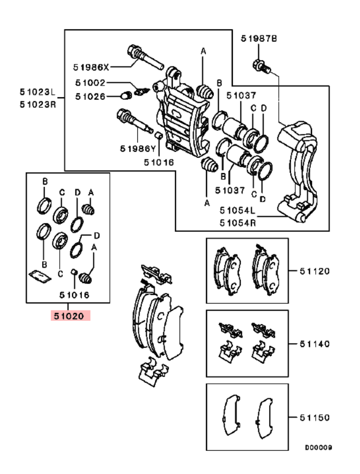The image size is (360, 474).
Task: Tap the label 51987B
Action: tap(259, 39)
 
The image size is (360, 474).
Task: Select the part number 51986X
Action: tap(91, 67)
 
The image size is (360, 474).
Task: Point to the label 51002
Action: tap(90, 83)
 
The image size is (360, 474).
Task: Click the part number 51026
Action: tap(90, 97)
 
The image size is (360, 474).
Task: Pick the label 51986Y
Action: tap(138, 149)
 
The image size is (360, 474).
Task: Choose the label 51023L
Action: tap(38, 92)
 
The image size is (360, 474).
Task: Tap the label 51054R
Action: tap(238, 223)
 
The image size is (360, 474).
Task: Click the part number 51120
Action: tap(315, 271)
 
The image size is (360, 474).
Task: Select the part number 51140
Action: tap(315, 344)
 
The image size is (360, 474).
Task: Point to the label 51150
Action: tap(315, 418)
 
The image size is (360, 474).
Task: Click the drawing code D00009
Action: tap(318, 448)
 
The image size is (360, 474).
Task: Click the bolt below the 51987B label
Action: tap(261, 67)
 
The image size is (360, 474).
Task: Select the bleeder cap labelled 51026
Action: tap(126, 96)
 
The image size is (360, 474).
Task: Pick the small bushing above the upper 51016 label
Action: tap(159, 136)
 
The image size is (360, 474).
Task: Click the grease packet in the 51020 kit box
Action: tap(40, 276)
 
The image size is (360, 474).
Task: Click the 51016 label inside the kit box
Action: tap(74, 295)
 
